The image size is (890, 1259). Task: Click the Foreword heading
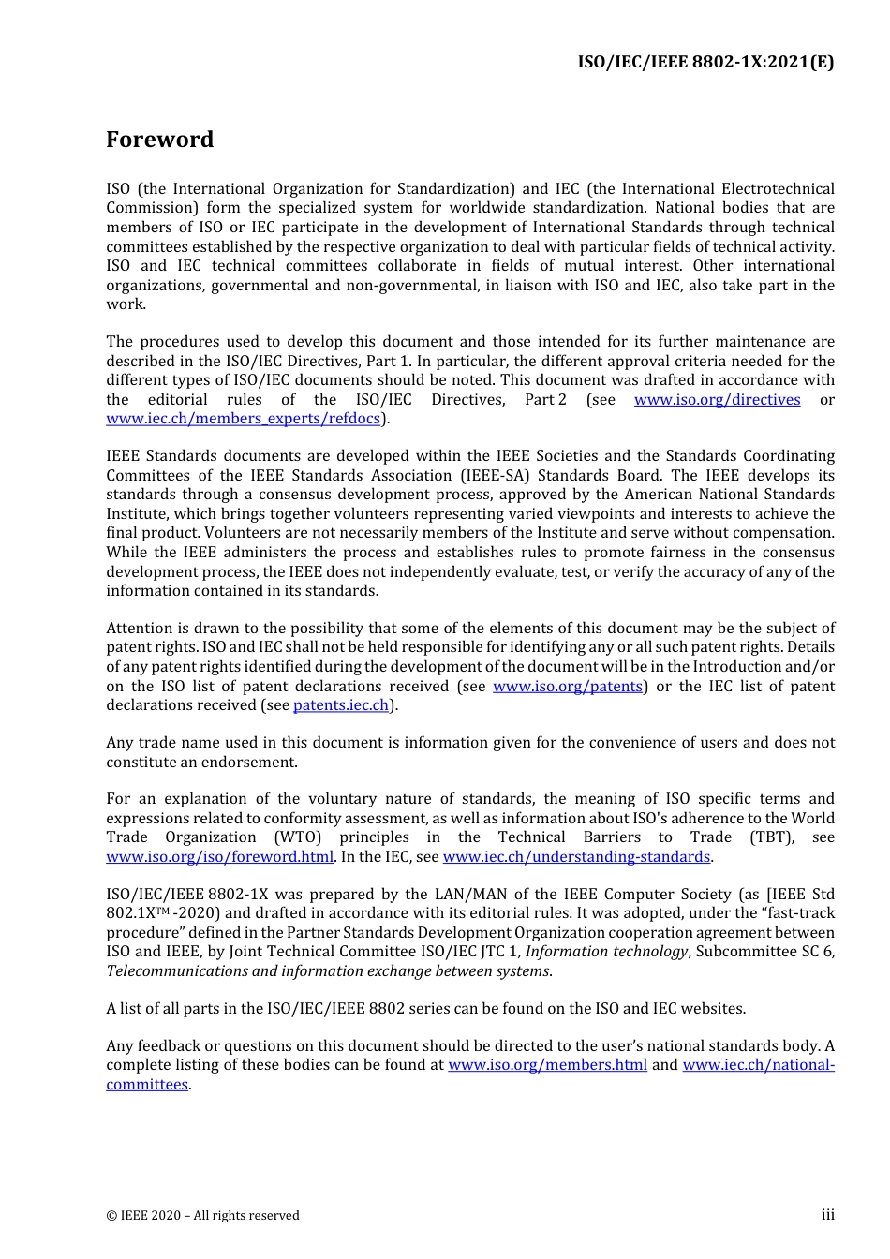click(x=159, y=140)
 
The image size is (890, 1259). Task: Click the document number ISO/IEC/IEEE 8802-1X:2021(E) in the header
click(x=705, y=62)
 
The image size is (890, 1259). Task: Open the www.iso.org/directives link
click(x=717, y=400)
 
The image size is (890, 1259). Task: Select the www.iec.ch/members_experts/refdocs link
click(x=244, y=419)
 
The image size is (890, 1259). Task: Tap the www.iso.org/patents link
click(x=568, y=687)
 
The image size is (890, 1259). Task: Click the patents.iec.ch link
click(x=341, y=705)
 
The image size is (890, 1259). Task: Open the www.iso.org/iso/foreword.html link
click(x=219, y=857)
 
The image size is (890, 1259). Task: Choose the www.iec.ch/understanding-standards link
click(x=576, y=857)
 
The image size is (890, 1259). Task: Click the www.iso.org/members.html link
click(x=547, y=1065)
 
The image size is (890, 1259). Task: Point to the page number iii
click(x=827, y=1215)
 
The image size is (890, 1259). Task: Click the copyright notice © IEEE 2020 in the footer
click(x=202, y=1216)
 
